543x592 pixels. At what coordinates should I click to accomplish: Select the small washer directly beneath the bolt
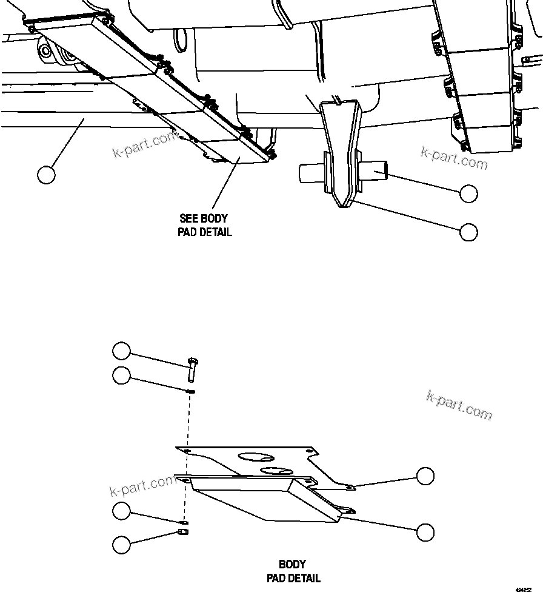click(191, 391)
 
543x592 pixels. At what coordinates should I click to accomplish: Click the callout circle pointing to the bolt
click(122, 351)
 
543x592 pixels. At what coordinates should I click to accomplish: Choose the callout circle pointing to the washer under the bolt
click(122, 375)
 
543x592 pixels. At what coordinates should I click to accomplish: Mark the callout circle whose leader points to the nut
click(122, 544)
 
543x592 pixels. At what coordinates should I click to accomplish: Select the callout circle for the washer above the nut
click(122, 511)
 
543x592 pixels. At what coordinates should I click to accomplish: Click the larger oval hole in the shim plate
click(255, 456)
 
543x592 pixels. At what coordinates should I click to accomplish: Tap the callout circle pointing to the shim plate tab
click(425, 476)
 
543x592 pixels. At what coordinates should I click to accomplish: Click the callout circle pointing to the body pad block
click(425, 531)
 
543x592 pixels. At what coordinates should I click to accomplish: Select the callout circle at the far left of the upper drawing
click(46, 175)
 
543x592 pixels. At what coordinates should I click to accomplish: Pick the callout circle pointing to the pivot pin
click(468, 193)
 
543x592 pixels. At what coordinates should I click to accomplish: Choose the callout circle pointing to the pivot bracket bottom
click(468, 232)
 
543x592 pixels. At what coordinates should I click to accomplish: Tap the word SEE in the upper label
click(190, 218)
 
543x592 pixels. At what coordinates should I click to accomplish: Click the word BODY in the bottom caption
click(292, 565)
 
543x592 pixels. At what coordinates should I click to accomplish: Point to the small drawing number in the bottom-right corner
click(524, 588)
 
